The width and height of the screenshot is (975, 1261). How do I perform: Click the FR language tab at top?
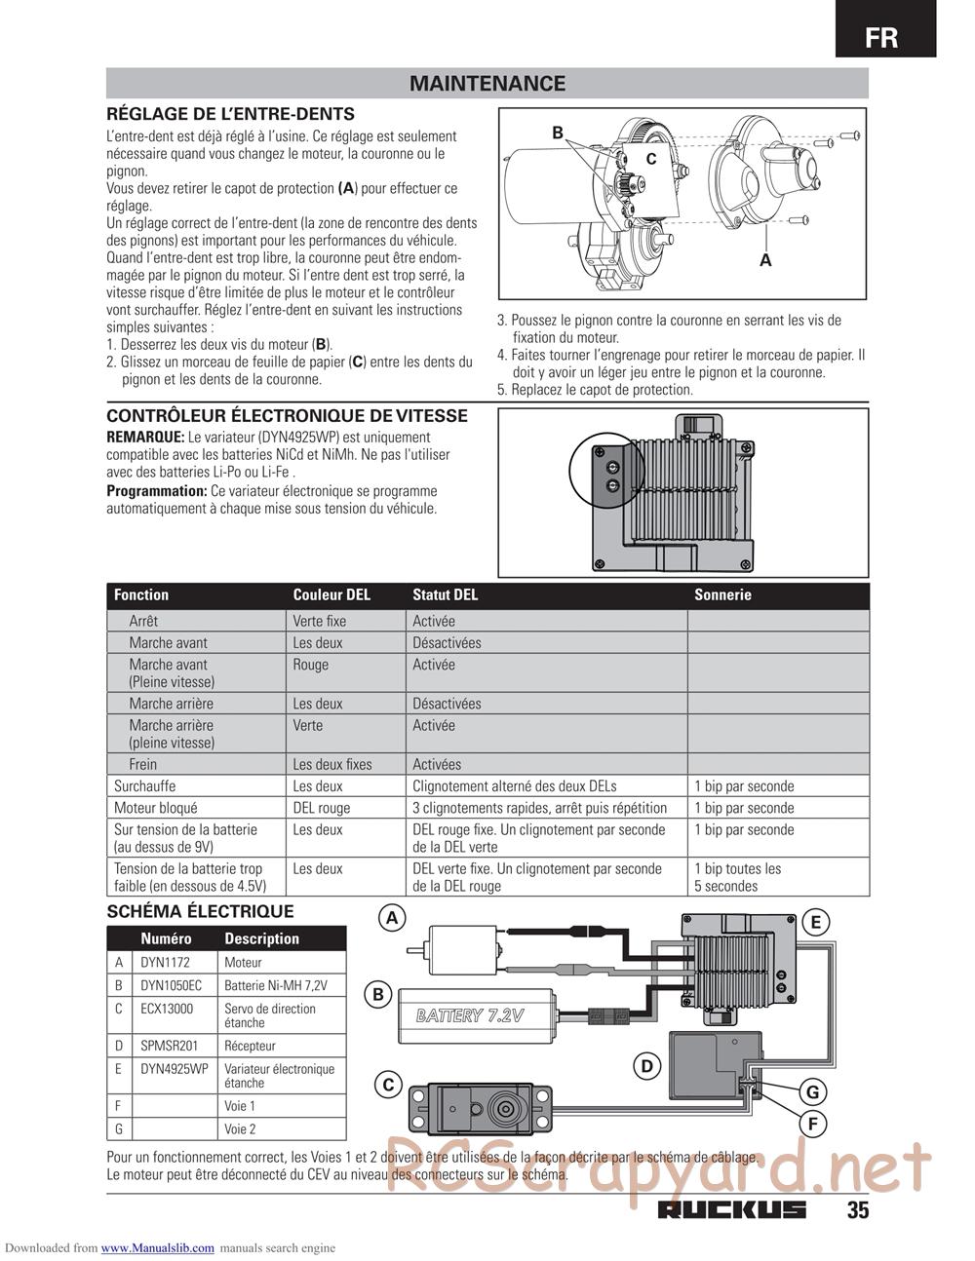884,38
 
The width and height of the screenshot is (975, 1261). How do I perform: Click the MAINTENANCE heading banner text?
487,84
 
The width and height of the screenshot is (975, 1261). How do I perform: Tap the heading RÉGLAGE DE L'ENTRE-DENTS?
230,114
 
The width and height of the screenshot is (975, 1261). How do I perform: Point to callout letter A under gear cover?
765,260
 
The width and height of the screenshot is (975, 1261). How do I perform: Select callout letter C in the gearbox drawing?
651,159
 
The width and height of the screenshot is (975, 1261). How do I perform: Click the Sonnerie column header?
722,594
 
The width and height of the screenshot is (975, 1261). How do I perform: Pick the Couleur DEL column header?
331,594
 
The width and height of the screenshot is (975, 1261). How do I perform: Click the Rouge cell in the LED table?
310,665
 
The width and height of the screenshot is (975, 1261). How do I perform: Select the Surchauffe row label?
145,785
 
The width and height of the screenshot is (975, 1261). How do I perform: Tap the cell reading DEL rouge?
321,808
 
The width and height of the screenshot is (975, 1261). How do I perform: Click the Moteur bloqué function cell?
156,808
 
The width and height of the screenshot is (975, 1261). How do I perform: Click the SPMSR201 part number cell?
167,1046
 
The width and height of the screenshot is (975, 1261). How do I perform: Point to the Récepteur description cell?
250,1046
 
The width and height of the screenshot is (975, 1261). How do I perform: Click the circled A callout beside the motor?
393,918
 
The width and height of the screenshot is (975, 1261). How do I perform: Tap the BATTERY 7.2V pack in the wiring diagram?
477,1015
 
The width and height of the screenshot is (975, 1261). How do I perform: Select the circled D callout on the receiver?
646,1066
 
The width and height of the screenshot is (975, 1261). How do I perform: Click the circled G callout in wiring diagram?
812,1091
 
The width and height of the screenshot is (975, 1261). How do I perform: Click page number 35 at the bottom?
857,1210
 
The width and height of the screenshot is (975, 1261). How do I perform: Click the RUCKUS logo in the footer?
732,1210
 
